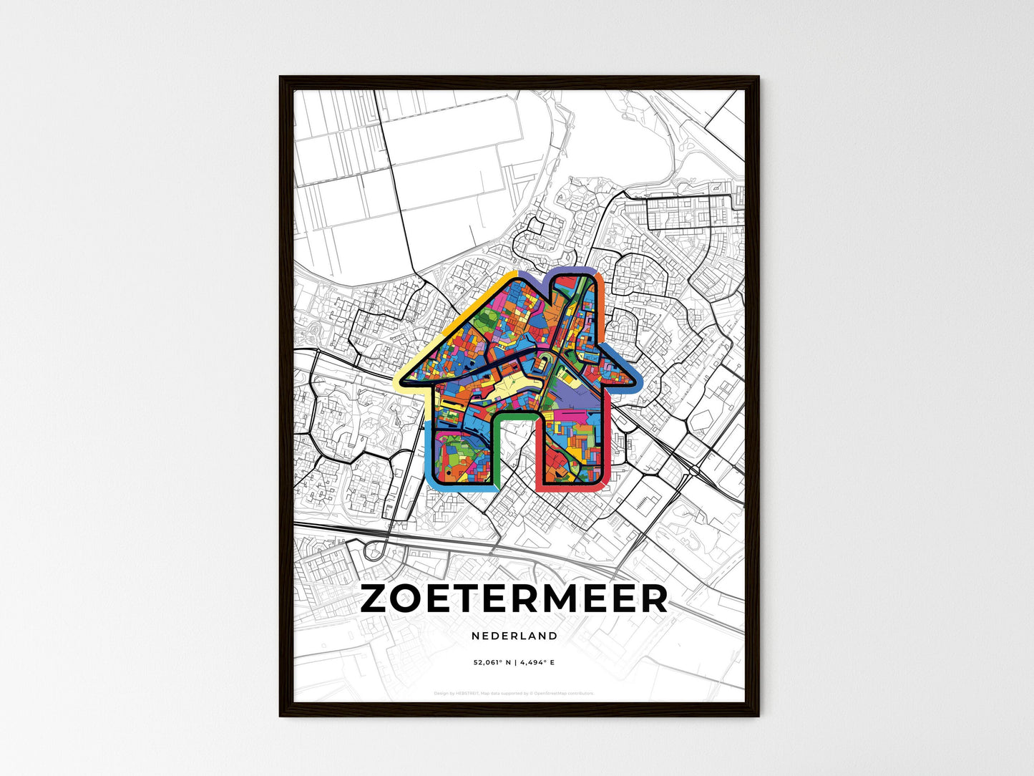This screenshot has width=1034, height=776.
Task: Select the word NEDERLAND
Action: tap(514, 636)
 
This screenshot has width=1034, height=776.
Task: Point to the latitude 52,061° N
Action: tap(491, 663)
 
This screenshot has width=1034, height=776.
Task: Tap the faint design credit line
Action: tap(514, 693)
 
